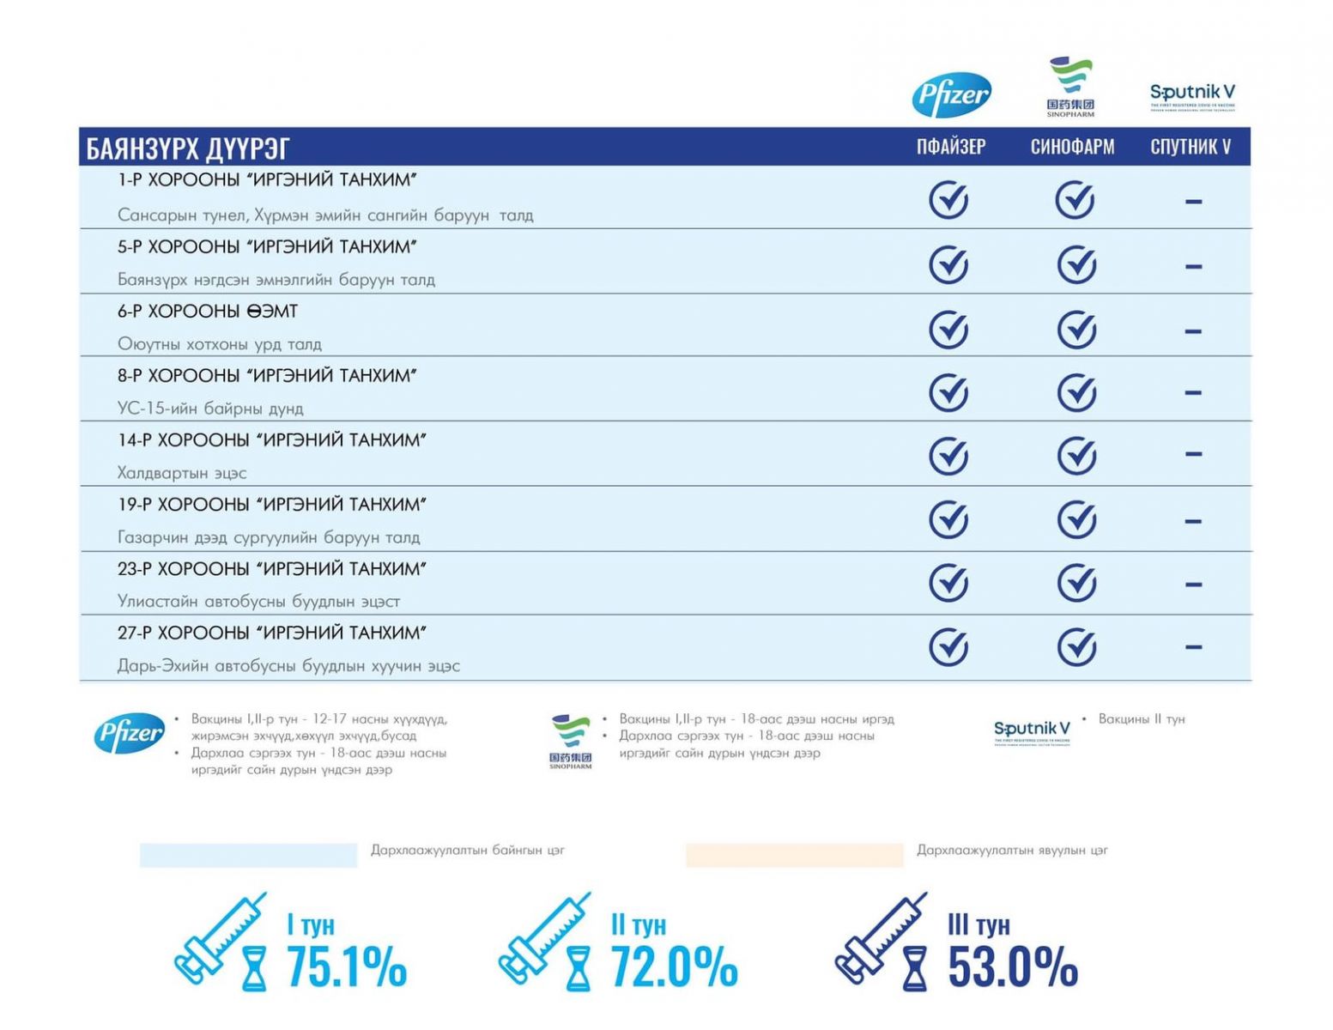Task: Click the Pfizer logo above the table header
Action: (951, 94)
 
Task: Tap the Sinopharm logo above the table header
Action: (1070, 86)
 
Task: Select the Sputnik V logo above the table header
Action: (1192, 95)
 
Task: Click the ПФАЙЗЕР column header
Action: (950, 147)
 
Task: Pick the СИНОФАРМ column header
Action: (1072, 147)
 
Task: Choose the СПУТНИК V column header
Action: (1191, 147)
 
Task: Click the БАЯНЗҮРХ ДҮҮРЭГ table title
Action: (188, 148)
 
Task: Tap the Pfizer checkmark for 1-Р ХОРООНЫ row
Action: (948, 200)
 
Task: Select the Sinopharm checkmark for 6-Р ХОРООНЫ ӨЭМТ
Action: (1076, 330)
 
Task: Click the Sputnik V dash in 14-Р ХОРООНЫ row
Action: (1193, 454)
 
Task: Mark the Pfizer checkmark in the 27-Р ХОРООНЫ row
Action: (948, 647)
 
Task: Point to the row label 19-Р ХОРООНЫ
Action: (271, 505)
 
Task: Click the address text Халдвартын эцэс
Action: (182, 473)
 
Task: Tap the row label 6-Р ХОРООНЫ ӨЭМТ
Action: (208, 312)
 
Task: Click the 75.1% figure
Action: (347, 966)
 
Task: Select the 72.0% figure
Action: (674, 966)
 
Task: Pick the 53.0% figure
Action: (1013, 966)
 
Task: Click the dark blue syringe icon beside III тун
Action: (881, 940)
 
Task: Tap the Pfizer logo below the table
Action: (129, 734)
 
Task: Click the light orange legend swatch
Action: (794, 854)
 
